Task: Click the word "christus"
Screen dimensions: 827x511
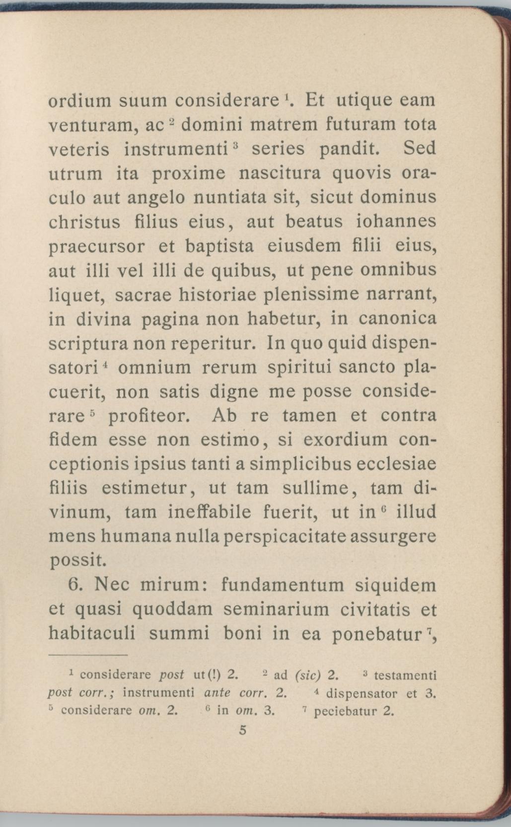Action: [84, 222]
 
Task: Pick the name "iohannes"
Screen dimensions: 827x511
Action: [396, 222]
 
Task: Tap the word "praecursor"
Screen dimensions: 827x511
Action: [97, 247]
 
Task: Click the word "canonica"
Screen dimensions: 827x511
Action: [398, 319]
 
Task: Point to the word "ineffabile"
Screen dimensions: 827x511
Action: [209, 513]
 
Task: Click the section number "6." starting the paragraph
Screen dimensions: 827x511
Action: [78, 584]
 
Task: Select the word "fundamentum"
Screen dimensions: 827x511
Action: [282, 585]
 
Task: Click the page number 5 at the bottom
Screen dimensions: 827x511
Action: [243, 730]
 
